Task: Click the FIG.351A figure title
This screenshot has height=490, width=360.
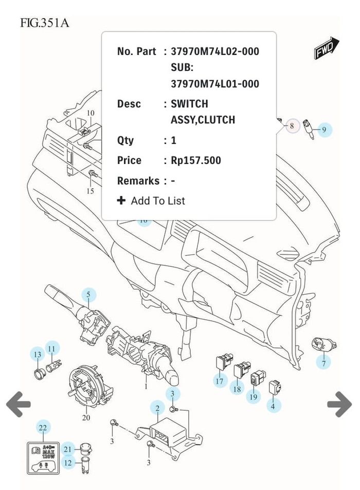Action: point(44,23)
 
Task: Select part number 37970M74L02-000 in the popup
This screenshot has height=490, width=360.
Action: point(215,51)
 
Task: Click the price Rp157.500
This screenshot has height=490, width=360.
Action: point(196,160)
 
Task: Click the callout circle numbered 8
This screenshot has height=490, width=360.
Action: point(292,125)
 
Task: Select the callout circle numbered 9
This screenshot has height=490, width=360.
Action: point(324,130)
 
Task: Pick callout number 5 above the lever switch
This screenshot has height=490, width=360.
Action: point(88,295)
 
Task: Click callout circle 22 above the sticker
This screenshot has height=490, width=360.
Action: point(43,427)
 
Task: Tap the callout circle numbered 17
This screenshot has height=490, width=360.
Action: point(220,381)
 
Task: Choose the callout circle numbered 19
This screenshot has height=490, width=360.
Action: point(253,396)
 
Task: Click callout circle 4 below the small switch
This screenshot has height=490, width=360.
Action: point(273,406)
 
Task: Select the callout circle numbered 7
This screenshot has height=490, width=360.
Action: point(323,364)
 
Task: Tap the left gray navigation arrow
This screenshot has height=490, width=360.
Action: point(19,404)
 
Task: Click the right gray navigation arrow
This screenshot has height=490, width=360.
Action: point(339,404)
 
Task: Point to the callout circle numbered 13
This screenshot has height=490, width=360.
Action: point(37,355)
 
